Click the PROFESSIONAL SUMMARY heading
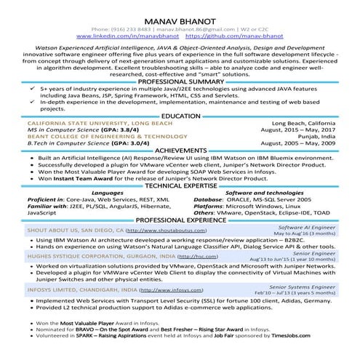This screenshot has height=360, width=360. pos(180,81)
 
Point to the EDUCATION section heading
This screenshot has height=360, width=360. pos(180,116)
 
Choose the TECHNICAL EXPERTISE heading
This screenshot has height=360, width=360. pos(180,186)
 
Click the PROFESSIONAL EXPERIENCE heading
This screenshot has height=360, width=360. pos(180,219)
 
